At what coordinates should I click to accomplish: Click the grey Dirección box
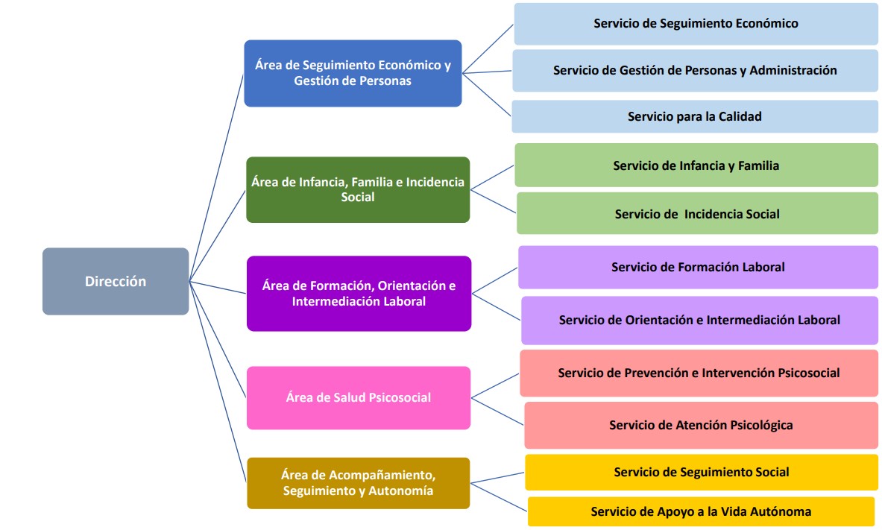point(116,281)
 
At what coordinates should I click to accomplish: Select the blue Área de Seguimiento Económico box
point(353,73)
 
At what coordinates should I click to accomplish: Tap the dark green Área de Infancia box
point(358,189)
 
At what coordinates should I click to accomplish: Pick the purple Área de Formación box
point(359,294)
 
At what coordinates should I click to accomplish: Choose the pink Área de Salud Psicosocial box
point(359,398)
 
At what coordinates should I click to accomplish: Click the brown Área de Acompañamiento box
point(359,483)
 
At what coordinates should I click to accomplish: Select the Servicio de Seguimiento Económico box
point(696,24)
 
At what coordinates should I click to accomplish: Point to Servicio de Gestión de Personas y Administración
point(696,70)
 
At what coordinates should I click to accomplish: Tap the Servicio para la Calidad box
point(695,116)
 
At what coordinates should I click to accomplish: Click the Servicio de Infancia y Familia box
point(696,165)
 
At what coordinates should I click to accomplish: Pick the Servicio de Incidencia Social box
point(698,214)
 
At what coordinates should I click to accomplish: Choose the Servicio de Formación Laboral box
point(698,268)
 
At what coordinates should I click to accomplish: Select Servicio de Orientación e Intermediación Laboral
point(700,320)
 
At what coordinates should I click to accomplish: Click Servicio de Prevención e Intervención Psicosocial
point(699,373)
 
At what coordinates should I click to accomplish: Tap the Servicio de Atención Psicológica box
point(702,426)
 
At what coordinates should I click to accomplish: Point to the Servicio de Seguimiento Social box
point(702,473)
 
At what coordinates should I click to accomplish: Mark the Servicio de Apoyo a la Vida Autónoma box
point(702,511)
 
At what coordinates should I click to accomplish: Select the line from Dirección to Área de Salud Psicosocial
point(218,339)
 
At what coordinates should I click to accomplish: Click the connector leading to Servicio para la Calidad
point(487,95)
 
